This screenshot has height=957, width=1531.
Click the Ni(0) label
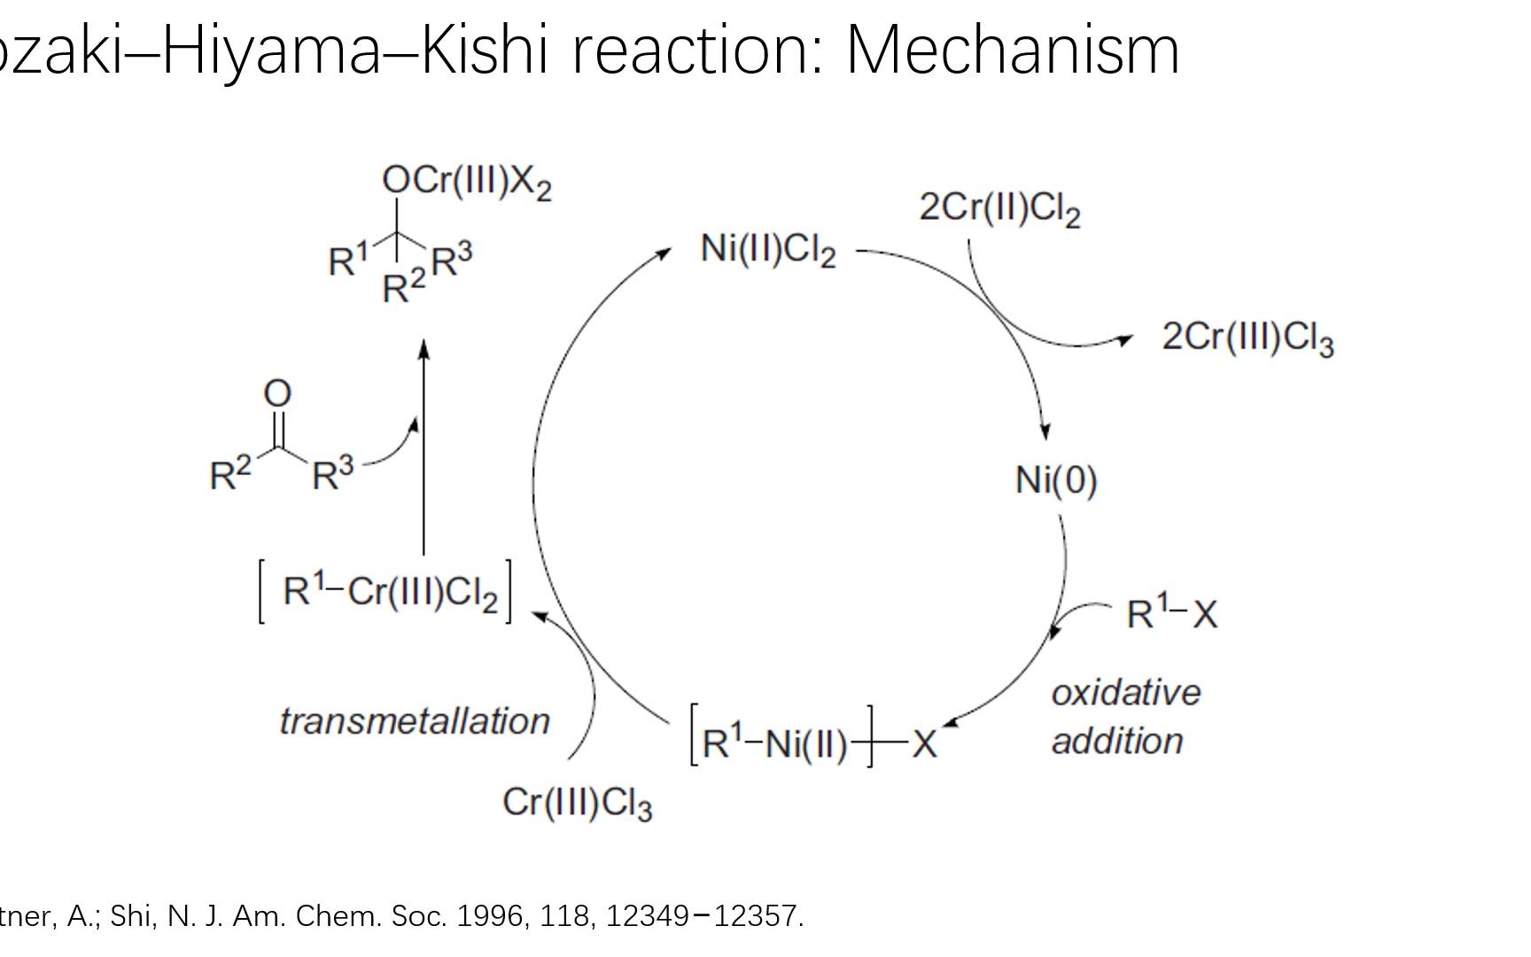(x=1056, y=481)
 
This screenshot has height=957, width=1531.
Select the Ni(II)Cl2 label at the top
(x=767, y=249)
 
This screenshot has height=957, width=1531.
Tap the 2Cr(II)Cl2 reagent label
(x=999, y=208)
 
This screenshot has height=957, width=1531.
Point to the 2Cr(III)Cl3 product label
(x=1247, y=338)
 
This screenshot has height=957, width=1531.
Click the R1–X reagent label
(x=1171, y=613)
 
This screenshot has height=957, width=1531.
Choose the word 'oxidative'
(x=1125, y=693)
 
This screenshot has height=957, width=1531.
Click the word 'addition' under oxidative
(x=1116, y=741)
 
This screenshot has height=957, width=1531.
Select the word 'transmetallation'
(x=415, y=721)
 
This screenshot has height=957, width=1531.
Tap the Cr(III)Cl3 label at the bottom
(x=577, y=803)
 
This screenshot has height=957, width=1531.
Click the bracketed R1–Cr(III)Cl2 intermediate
(x=385, y=591)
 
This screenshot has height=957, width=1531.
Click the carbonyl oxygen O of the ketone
(x=277, y=393)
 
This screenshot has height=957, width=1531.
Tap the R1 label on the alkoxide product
(x=347, y=261)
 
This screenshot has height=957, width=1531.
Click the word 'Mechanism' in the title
(x=1013, y=51)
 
